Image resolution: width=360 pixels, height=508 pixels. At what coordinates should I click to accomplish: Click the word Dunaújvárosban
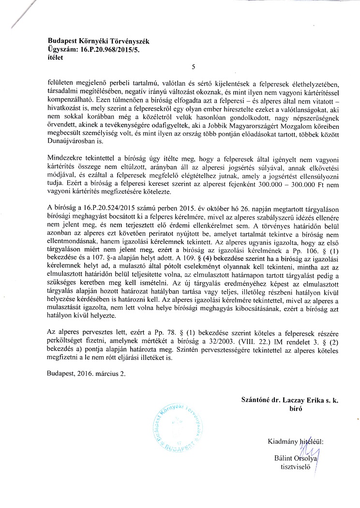(x=71, y=130)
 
